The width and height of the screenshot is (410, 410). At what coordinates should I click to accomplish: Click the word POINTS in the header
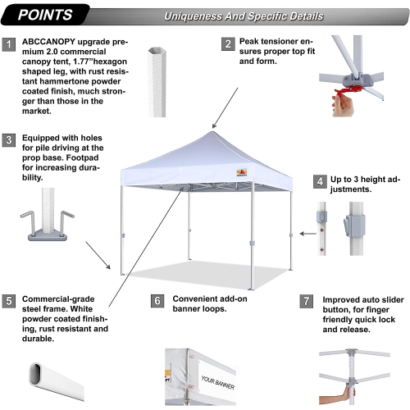(x=45, y=15)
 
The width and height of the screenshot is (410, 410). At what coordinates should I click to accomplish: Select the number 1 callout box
(x=9, y=44)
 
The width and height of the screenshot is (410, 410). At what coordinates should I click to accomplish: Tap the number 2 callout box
(x=228, y=43)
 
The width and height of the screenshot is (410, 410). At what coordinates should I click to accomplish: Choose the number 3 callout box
(x=9, y=140)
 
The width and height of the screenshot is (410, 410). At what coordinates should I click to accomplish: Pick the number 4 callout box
(x=320, y=181)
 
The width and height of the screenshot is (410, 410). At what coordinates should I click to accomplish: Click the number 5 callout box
(x=9, y=301)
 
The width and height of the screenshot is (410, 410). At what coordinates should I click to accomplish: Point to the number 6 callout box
(x=157, y=301)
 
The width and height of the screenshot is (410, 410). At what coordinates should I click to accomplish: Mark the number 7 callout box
(x=307, y=302)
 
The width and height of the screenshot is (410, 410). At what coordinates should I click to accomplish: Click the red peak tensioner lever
(x=348, y=90)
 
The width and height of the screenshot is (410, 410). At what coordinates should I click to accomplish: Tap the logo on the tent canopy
(x=242, y=172)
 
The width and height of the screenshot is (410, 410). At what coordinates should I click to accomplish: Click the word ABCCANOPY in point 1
(x=48, y=42)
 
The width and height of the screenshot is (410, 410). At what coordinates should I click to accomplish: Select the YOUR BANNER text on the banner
(x=218, y=382)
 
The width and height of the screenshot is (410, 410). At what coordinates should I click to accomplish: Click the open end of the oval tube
(x=35, y=374)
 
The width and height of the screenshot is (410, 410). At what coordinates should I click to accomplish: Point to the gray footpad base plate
(x=48, y=235)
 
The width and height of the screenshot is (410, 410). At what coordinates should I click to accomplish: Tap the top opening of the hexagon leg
(x=157, y=52)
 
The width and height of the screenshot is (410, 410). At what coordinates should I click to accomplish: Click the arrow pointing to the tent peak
(x=225, y=108)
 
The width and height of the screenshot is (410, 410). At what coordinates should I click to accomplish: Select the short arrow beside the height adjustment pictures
(x=308, y=234)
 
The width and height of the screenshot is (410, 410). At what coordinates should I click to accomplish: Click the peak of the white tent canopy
(x=212, y=132)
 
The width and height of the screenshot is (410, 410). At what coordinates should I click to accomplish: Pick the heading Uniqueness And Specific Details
(x=244, y=16)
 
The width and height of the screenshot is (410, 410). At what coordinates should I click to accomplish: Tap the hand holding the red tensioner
(x=343, y=105)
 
